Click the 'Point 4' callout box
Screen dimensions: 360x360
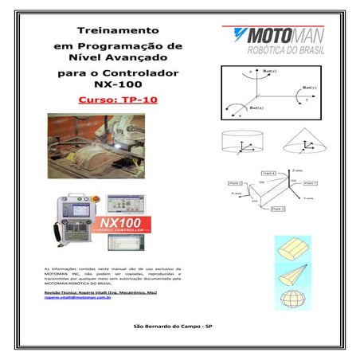coord(268,173)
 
